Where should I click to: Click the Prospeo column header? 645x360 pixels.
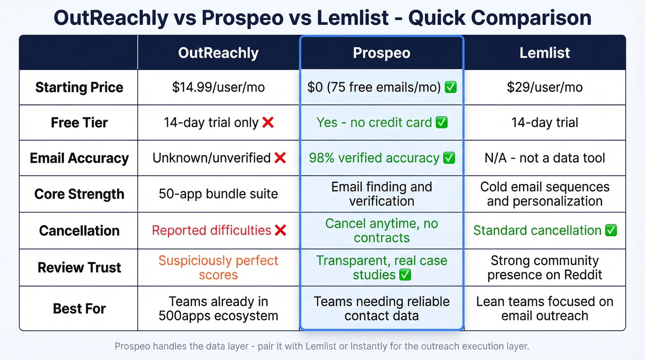tap(381, 53)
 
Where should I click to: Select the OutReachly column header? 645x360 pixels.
tap(218, 53)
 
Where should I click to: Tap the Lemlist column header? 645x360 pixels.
tap(545, 53)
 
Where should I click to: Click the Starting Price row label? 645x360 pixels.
tap(79, 88)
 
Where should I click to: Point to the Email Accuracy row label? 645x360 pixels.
tap(79, 158)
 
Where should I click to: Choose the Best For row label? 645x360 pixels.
tap(79, 308)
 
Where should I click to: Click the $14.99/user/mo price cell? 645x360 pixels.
tap(218, 88)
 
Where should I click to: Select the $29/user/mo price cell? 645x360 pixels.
tap(545, 88)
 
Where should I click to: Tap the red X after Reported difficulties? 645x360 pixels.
tap(280, 230)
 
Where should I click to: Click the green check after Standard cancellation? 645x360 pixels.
tap(611, 230)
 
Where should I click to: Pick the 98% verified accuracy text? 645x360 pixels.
tap(374, 158)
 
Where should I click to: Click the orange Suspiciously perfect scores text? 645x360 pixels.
tap(218, 268)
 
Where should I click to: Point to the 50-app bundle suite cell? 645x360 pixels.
tap(218, 194)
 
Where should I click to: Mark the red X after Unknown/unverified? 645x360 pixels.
tap(280, 158)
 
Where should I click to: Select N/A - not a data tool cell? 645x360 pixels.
tap(545, 158)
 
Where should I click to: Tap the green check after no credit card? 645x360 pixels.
tap(442, 123)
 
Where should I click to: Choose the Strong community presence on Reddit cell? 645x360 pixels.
tap(545, 268)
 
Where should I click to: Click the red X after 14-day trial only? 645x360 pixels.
tap(268, 123)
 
